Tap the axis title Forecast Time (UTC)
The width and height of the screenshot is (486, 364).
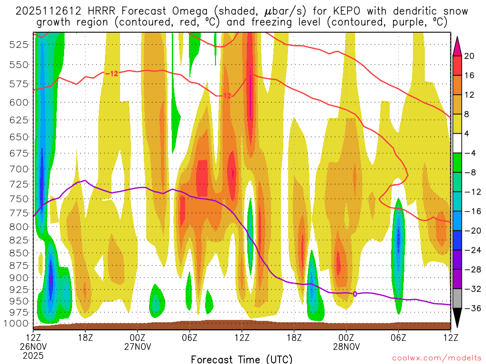click(242, 359)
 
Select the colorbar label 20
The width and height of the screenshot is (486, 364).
click(469, 56)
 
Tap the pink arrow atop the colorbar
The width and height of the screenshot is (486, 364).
click(457, 45)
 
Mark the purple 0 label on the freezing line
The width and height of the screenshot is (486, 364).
click(355, 294)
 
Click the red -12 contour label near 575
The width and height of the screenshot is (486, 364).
click(111, 73)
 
